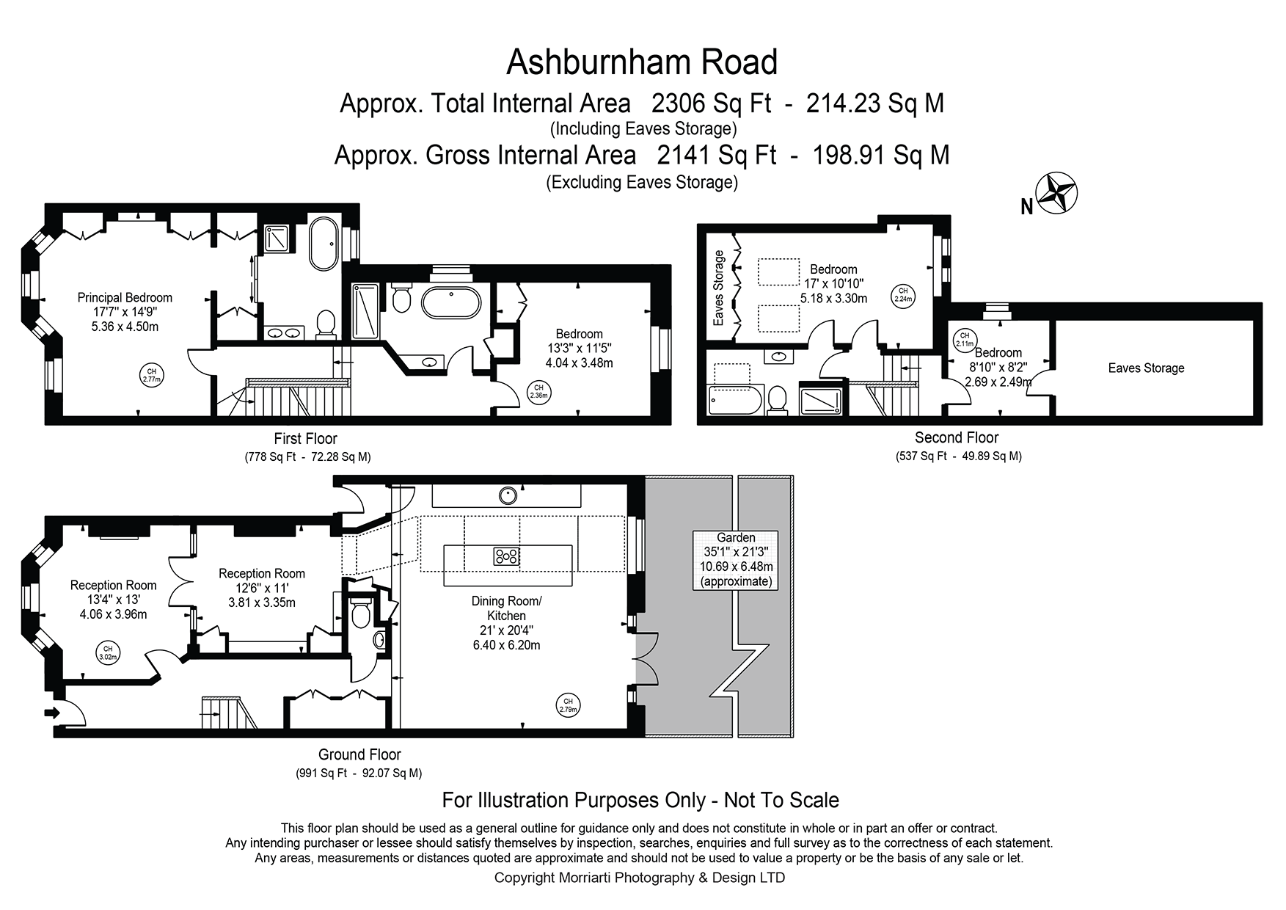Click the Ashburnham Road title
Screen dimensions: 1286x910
click(642, 62)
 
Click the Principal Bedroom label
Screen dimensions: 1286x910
click(125, 297)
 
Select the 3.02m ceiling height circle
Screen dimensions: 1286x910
click(108, 651)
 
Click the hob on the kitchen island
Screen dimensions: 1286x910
click(507, 556)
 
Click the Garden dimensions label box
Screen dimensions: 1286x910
click(736, 559)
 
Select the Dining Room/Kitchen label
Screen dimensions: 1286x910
click(506, 608)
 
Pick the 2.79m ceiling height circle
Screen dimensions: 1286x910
click(568, 705)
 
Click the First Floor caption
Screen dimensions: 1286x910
click(305, 439)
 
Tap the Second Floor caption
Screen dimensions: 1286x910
click(957, 437)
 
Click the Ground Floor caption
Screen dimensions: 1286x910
click(359, 754)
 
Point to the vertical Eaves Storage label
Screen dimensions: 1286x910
click(719, 288)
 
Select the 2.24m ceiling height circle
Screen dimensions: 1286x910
click(903, 295)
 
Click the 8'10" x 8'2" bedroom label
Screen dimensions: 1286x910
click(998, 367)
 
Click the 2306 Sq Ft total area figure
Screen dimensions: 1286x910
click(711, 103)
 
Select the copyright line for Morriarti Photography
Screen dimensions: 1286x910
click(640, 878)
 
